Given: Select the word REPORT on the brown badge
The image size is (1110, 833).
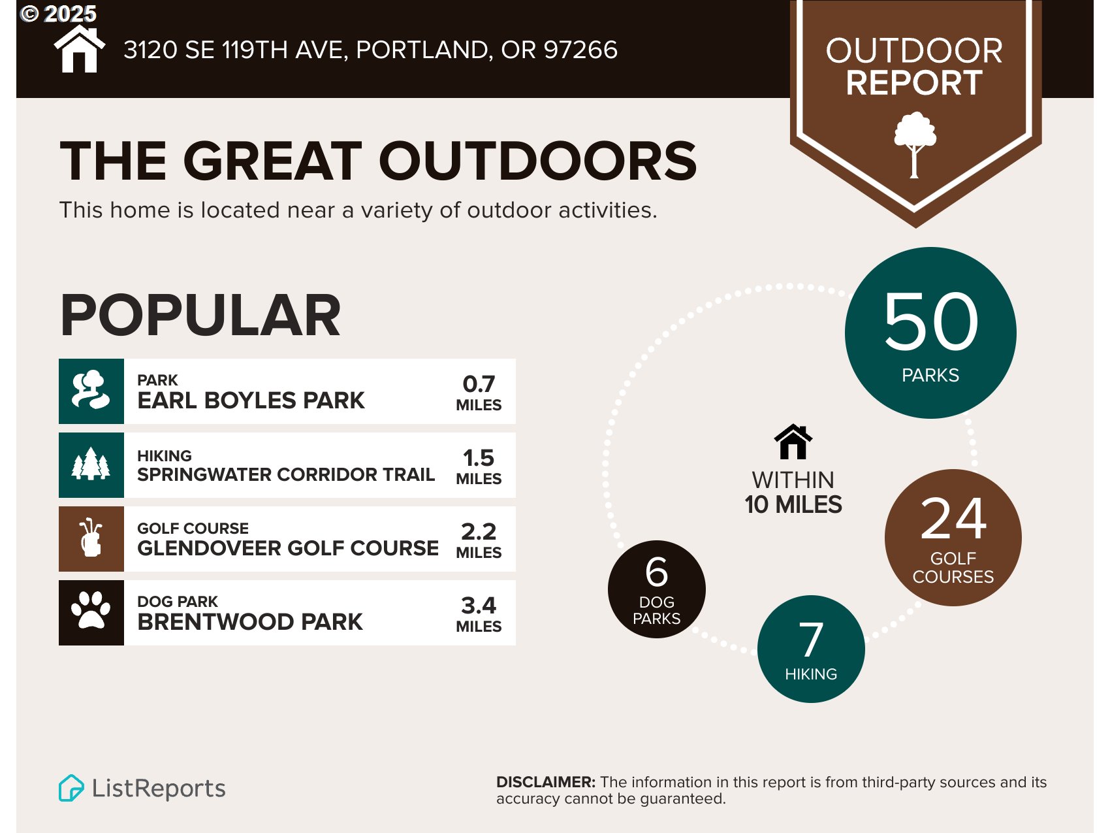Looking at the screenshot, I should pyautogui.click(x=914, y=83).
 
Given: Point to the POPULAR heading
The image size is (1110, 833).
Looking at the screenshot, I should pyautogui.click(x=200, y=316).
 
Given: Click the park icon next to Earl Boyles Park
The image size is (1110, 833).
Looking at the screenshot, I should pyautogui.click(x=91, y=391).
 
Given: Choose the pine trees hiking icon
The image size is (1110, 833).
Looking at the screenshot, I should pyautogui.click(x=91, y=465).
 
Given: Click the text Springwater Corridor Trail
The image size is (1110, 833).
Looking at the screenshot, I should pyautogui.click(x=286, y=474).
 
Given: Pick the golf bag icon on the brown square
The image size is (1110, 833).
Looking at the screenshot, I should pyautogui.click(x=91, y=538).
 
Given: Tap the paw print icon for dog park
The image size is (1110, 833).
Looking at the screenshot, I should pyautogui.click(x=91, y=612).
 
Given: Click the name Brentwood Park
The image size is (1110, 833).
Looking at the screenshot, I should pyautogui.click(x=250, y=621).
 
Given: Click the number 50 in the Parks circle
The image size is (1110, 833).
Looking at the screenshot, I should pyautogui.click(x=930, y=321).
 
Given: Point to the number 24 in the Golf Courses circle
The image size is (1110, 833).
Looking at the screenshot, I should pyautogui.click(x=953, y=519).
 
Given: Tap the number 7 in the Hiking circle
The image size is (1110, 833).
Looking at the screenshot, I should pyautogui.click(x=811, y=640).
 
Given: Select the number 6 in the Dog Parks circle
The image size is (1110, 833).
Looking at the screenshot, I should pyautogui.click(x=656, y=572).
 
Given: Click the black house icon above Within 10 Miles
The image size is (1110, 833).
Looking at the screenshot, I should pyautogui.click(x=793, y=442).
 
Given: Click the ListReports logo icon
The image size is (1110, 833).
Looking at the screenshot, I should pyautogui.click(x=71, y=788).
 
